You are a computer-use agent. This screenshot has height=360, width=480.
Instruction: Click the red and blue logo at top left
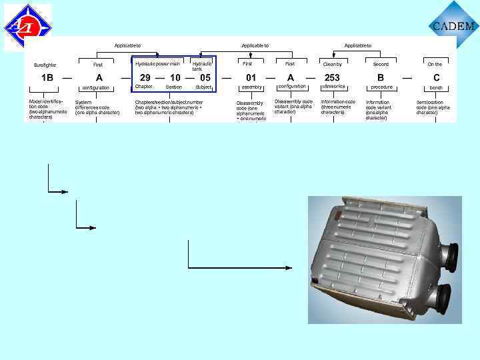pos(27,27)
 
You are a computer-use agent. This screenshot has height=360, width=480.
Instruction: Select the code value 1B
pos(47,77)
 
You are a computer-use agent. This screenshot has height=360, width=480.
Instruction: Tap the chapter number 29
pos(145,77)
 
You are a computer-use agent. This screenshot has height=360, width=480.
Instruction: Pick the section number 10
pos(175,77)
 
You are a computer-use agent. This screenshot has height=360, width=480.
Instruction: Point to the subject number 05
pos(205,77)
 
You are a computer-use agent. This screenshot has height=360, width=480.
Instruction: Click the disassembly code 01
pos(251,77)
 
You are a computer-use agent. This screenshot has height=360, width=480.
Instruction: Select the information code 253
pos(332,77)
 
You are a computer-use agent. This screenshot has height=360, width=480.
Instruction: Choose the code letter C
pos(437,77)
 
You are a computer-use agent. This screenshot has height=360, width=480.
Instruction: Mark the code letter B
pos(381,77)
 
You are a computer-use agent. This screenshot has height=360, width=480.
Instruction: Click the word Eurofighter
pos(45,65)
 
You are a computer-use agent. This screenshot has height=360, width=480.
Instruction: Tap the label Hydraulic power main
pos(157,64)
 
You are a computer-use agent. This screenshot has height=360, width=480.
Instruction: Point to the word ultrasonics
pos(333,87)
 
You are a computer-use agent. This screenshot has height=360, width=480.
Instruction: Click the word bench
pos(436,87)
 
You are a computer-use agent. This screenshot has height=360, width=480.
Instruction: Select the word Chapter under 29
pos(144,87)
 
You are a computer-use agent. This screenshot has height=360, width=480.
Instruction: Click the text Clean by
pos(332,65)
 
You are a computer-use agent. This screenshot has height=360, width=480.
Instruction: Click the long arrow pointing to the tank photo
pos(240,267)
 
